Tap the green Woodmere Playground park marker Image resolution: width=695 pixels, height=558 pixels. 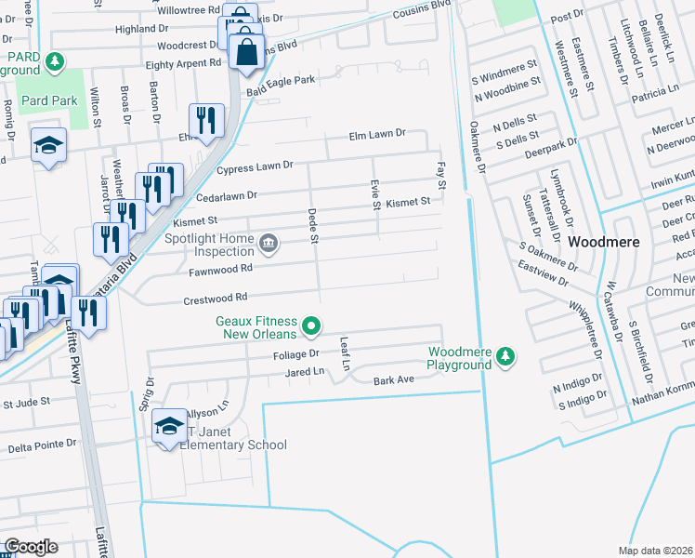click(x=505, y=355)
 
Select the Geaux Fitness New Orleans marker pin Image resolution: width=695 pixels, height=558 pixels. click(x=312, y=327)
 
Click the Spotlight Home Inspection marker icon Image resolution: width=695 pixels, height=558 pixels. click(x=269, y=244)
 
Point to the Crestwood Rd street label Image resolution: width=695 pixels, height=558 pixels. click(x=216, y=298)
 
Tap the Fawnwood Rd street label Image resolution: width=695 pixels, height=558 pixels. click(x=220, y=270)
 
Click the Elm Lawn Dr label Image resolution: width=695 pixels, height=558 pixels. click(x=377, y=134)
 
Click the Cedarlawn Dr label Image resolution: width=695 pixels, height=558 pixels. click(x=225, y=196)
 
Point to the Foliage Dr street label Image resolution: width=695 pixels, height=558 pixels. click(x=295, y=354)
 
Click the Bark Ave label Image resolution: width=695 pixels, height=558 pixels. click(x=392, y=380)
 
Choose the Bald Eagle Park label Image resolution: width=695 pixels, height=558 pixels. click(x=281, y=81)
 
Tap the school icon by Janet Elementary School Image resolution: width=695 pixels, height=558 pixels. click(x=169, y=425)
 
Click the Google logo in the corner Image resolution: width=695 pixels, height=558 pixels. click(x=31, y=547)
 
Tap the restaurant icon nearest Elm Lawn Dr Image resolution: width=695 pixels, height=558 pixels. click(x=205, y=120)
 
